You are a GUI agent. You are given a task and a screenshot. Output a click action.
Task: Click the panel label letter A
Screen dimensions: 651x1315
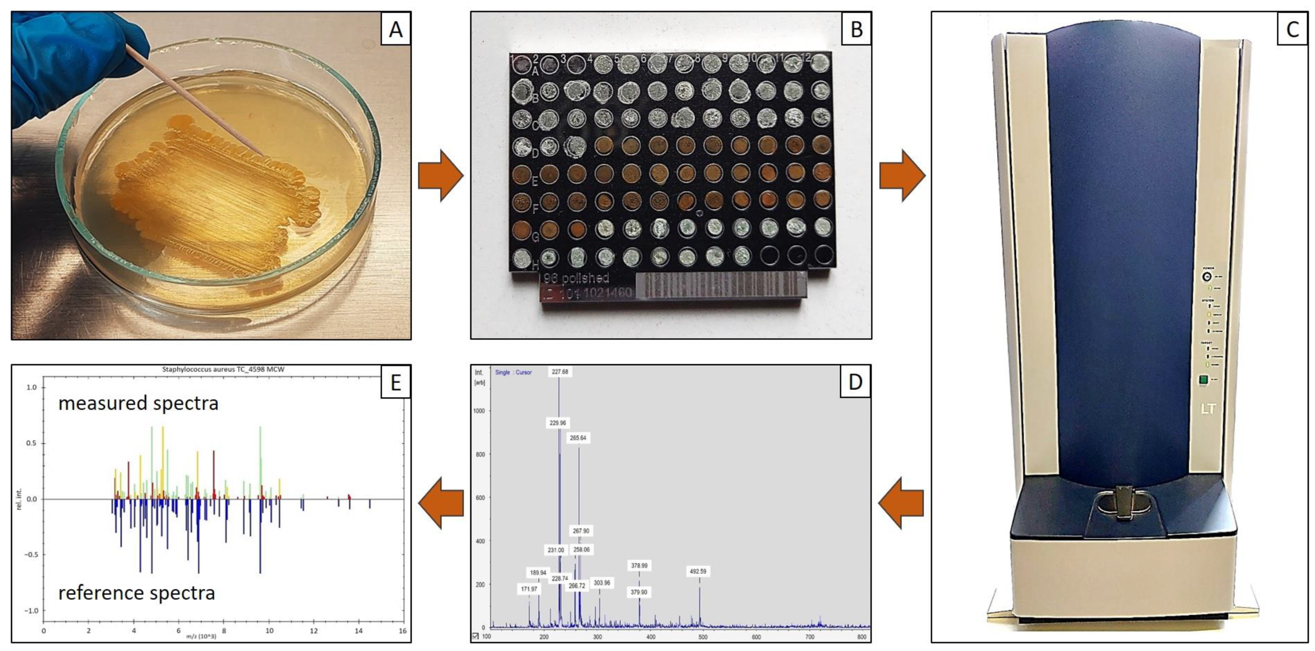point(396,29)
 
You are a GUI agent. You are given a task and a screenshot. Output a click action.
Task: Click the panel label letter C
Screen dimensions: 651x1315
point(1292,29)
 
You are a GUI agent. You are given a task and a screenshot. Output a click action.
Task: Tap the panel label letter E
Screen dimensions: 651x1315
point(396,382)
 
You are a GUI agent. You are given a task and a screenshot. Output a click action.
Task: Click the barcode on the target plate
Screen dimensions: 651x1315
point(720,285)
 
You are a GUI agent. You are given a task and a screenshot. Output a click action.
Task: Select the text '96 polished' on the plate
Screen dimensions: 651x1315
point(576,278)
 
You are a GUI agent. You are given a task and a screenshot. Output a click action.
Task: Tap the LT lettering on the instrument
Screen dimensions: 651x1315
point(1208,409)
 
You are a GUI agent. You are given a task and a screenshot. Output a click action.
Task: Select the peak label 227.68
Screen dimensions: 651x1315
point(560,372)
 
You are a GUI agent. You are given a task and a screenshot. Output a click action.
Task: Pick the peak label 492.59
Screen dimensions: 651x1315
point(698,571)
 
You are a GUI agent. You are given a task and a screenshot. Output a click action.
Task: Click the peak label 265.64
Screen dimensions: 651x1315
point(578,438)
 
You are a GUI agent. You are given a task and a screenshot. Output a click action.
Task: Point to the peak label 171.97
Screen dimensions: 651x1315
point(529,589)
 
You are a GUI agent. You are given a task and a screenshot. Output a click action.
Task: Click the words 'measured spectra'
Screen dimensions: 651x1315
point(138,404)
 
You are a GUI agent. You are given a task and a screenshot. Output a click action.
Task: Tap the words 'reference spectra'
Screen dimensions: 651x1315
point(136,593)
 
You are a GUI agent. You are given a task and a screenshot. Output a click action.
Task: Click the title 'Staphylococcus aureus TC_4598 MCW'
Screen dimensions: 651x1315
point(223,369)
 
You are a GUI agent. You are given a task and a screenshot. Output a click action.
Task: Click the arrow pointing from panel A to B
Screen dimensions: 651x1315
point(441,175)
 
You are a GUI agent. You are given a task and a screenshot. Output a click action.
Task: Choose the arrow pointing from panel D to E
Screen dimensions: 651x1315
point(441,503)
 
